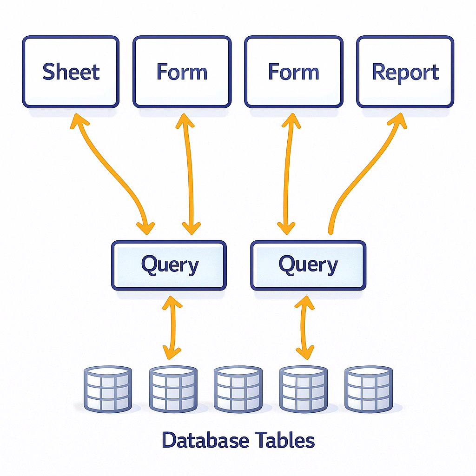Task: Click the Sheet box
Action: (71, 72)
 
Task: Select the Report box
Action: (405, 72)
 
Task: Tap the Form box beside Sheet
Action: (182, 72)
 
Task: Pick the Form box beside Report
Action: (293, 72)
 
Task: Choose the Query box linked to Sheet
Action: (169, 265)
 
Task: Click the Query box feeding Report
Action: (308, 265)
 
